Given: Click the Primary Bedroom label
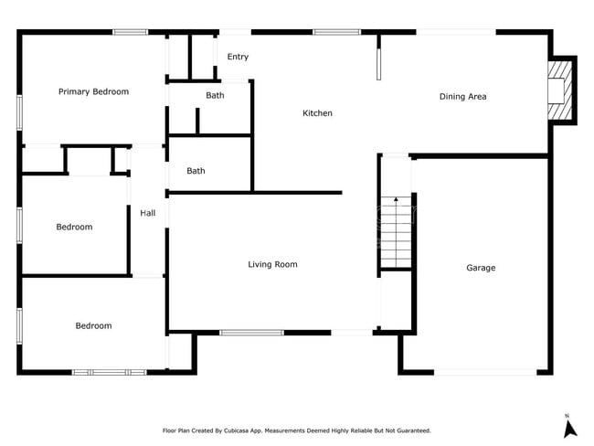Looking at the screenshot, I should click(x=93, y=91).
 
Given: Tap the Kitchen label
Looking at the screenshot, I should click(x=317, y=113).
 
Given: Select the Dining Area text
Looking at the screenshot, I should click(x=462, y=96).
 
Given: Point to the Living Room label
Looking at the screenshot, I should click(x=272, y=265).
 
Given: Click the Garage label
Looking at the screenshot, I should click(x=481, y=268).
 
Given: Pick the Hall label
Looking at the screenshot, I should click(x=147, y=213).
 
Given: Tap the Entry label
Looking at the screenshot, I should click(x=238, y=57).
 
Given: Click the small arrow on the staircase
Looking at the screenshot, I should click(x=396, y=199).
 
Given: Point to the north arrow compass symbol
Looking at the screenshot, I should click(x=568, y=428).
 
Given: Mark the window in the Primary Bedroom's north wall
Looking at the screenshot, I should click(x=130, y=33).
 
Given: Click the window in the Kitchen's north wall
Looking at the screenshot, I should click(x=336, y=33).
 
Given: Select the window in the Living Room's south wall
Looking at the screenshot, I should click(x=251, y=333).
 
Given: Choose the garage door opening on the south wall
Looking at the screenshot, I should click(x=484, y=372).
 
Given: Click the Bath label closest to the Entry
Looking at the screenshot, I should click(x=215, y=95).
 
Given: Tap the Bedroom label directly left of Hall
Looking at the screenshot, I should click(x=74, y=227).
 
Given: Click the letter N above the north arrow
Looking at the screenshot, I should click(x=567, y=415).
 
